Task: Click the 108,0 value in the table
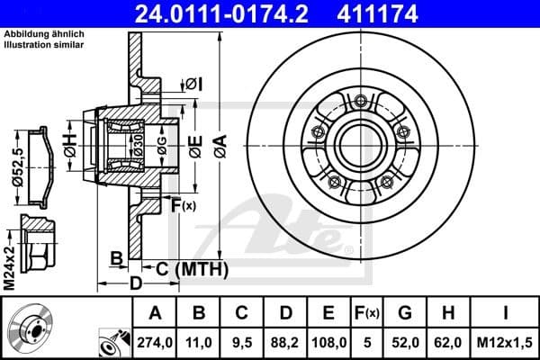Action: (x=329, y=341)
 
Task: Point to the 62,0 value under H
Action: (x=449, y=341)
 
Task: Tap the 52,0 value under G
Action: (x=405, y=341)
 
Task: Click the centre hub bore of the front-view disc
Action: (x=352, y=143)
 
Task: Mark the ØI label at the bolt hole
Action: (x=194, y=84)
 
